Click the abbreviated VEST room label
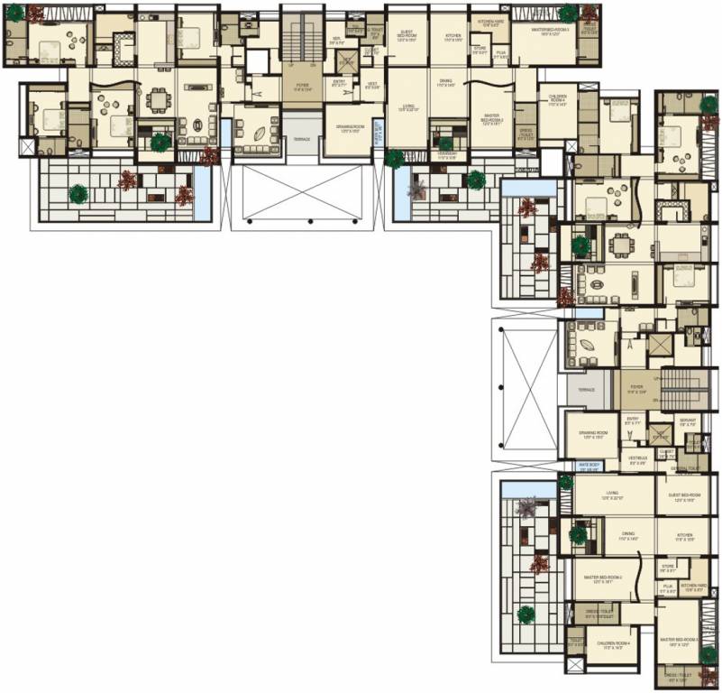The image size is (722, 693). pos(371,85)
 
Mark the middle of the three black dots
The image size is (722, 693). pos(310,221)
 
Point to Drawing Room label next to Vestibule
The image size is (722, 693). pos(592,435)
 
